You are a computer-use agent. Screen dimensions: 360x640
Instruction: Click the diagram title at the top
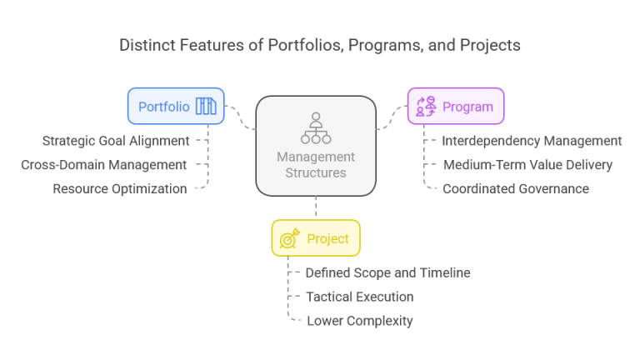click(320, 45)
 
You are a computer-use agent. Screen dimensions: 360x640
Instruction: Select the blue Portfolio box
click(176, 106)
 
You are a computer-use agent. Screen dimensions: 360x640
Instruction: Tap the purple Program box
click(455, 106)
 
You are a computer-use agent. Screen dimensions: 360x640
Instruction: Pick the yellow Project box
click(315, 238)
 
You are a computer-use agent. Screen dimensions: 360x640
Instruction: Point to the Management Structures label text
click(315, 165)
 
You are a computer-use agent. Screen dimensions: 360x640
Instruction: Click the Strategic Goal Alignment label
click(116, 141)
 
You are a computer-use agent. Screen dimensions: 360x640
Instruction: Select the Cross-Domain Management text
click(104, 165)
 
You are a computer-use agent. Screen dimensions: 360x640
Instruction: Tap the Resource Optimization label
click(120, 189)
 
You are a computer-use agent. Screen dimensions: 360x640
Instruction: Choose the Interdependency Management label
click(532, 141)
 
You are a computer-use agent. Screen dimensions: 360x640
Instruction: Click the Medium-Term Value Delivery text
click(527, 165)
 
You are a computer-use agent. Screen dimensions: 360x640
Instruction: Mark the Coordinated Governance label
click(516, 189)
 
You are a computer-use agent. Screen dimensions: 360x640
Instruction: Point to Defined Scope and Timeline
click(387, 272)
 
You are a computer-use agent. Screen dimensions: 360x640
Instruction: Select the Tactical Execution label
click(359, 297)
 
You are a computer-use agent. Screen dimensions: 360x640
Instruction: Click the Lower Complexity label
click(360, 321)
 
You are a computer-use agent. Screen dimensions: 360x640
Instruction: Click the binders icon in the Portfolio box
click(205, 106)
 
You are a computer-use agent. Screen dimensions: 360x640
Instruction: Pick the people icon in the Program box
click(426, 106)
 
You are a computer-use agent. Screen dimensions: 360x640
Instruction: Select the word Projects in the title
click(490, 45)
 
